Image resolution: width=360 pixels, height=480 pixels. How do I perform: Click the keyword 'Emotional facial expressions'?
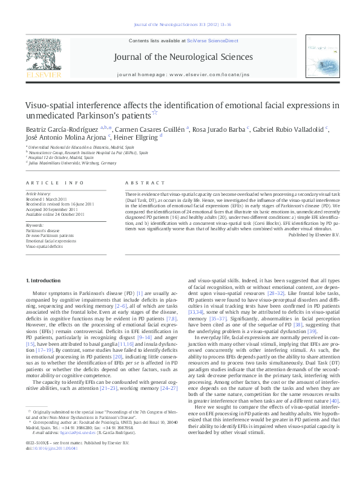pos(51,241)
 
